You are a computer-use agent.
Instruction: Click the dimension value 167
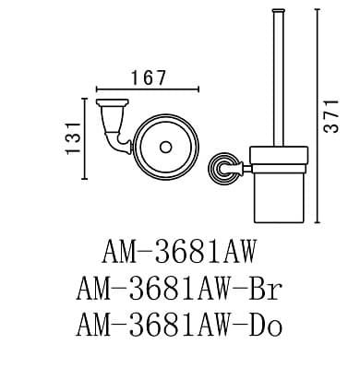pos(149,77)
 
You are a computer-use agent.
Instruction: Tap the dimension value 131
pos(73,138)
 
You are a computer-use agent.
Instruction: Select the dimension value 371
pos(331,116)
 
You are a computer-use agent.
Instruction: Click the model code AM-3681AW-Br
pos(179,289)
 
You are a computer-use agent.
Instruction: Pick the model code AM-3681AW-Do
pos(179,325)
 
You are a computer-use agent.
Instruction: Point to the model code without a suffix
pos(179,252)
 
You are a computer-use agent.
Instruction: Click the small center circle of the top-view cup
pos(166,147)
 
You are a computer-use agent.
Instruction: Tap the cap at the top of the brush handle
pos(279,11)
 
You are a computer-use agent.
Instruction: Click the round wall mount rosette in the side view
pos(221,168)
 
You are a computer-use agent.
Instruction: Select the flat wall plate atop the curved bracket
pos(112,101)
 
